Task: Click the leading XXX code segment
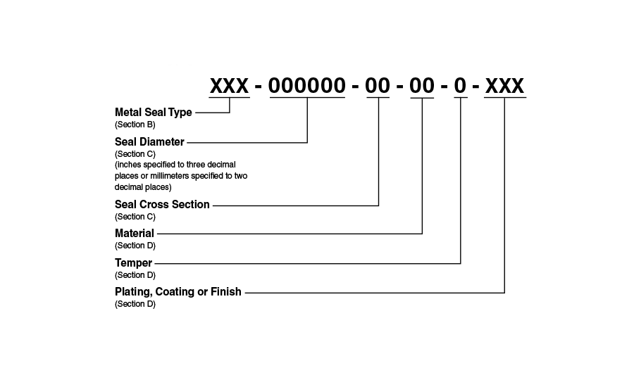click(230, 86)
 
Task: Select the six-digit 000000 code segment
click(307, 86)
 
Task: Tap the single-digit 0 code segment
click(460, 86)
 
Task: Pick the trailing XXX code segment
click(504, 86)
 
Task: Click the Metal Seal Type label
click(153, 113)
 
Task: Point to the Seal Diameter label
click(149, 141)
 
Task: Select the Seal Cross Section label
click(162, 205)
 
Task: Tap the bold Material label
click(135, 233)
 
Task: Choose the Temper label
click(133, 263)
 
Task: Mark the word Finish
click(225, 291)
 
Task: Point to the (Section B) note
click(135, 125)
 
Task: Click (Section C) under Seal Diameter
click(135, 153)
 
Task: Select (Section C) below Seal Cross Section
click(135, 217)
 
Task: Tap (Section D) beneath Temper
click(135, 275)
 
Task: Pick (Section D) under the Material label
click(135, 246)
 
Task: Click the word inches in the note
click(130, 165)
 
